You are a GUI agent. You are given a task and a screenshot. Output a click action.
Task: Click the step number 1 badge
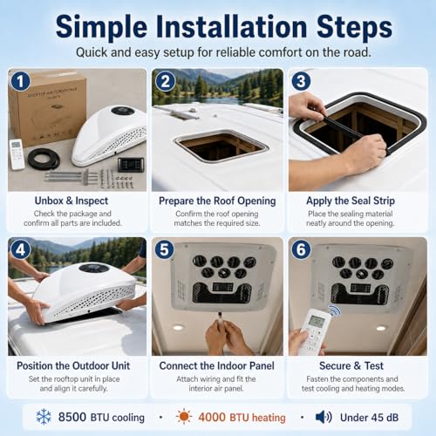click(x=20, y=81)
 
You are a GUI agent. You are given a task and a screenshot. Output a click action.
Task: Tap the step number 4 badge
click(x=20, y=249)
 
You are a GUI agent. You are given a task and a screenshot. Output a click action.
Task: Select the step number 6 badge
click(x=301, y=249)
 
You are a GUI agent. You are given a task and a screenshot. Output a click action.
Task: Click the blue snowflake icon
click(x=44, y=417)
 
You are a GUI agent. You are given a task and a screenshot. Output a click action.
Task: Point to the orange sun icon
click(x=184, y=417)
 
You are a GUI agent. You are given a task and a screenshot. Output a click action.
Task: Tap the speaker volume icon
click(x=324, y=417)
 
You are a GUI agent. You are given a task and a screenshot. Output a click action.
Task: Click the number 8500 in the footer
click(x=72, y=417)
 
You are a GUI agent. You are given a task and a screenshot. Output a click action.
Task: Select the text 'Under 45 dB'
click(x=369, y=418)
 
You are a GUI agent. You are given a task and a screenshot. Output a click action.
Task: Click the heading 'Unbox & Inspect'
click(x=72, y=201)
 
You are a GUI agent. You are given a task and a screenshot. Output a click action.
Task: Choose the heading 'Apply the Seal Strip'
click(x=351, y=201)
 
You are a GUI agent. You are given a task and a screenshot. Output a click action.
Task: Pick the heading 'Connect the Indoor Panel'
click(x=216, y=365)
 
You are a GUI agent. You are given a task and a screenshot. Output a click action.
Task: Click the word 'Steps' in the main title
click(x=354, y=27)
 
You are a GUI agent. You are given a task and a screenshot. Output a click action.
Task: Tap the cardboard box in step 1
click(x=48, y=107)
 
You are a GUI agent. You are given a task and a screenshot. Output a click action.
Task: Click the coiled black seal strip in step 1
click(x=44, y=160)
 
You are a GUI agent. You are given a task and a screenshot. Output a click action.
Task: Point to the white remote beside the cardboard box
click(x=17, y=154)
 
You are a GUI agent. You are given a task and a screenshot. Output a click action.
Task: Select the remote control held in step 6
click(x=315, y=331)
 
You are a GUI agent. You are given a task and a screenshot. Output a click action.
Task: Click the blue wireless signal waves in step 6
click(x=335, y=311)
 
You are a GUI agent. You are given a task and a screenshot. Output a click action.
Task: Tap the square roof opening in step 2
click(x=221, y=146)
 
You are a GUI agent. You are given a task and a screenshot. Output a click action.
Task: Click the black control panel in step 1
click(x=131, y=165)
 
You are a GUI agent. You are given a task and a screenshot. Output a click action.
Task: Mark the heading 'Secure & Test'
click(x=351, y=365)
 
